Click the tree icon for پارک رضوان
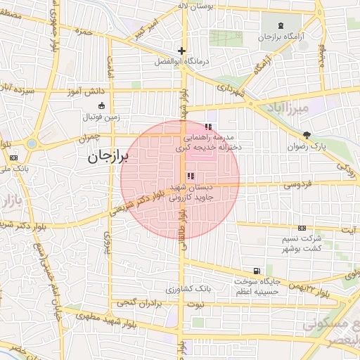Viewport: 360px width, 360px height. pos(307,135)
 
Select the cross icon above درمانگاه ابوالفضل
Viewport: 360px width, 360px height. pos(181,51)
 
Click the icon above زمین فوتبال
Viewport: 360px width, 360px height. pos(102,106)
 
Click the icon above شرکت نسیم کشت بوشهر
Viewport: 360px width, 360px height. pos(302,228)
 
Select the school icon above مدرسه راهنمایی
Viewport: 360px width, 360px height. pos(207,127)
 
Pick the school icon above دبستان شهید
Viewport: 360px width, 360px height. pos(190,176)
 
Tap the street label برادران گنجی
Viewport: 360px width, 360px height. pos(134,303)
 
